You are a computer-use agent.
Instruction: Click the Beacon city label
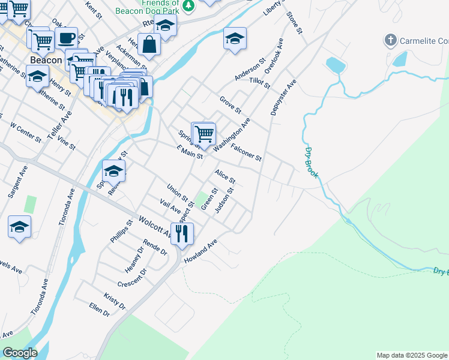[x=46, y=60]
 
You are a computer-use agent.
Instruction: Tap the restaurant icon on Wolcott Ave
[x=182, y=233]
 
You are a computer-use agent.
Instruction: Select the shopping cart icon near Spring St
[x=204, y=134]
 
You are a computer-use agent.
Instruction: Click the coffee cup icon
[x=66, y=38]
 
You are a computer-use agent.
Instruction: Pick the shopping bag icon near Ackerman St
[x=149, y=44]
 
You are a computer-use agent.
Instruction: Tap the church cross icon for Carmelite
[x=390, y=40]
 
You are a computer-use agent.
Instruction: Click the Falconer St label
[x=246, y=152]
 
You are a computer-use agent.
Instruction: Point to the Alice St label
[x=225, y=176]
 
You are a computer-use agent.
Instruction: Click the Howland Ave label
[x=200, y=254]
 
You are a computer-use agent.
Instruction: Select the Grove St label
[x=230, y=105]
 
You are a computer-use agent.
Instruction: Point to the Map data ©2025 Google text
[x=412, y=355]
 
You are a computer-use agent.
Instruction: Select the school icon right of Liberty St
[x=235, y=39]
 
